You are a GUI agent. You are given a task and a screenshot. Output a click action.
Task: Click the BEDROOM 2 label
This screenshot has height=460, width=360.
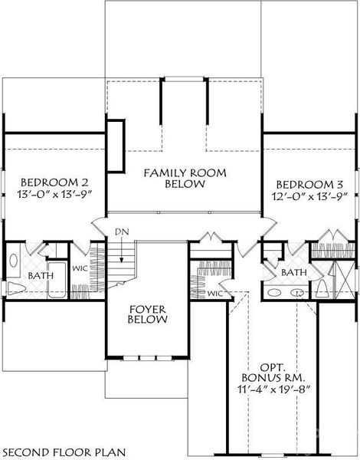[54, 182]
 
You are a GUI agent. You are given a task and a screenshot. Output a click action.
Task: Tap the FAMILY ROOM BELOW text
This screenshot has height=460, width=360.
[185, 179]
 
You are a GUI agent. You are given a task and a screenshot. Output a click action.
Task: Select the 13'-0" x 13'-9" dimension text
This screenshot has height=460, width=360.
[54, 195]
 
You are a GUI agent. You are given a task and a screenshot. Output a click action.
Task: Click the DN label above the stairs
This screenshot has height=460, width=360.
[121, 232]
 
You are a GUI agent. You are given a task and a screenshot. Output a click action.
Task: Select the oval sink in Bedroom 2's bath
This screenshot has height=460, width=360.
[13, 260]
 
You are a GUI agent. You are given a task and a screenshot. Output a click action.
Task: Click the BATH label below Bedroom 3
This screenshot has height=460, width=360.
[294, 272]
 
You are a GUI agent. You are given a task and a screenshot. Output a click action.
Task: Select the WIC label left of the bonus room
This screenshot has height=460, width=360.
[214, 293]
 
